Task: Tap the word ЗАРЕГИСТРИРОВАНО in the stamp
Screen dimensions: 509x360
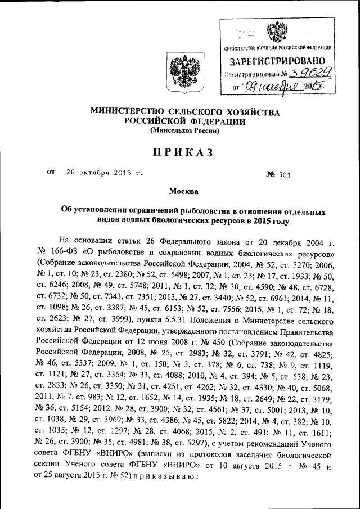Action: [274, 60]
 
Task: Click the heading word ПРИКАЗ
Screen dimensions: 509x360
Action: [181, 153]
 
